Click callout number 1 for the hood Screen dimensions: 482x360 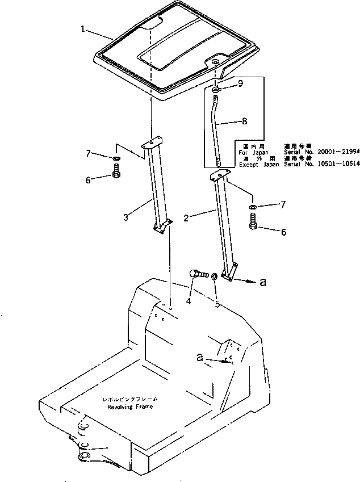click(x=83, y=28)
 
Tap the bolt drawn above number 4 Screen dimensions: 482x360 click(x=197, y=275)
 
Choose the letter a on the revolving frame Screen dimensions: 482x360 click(x=199, y=358)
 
